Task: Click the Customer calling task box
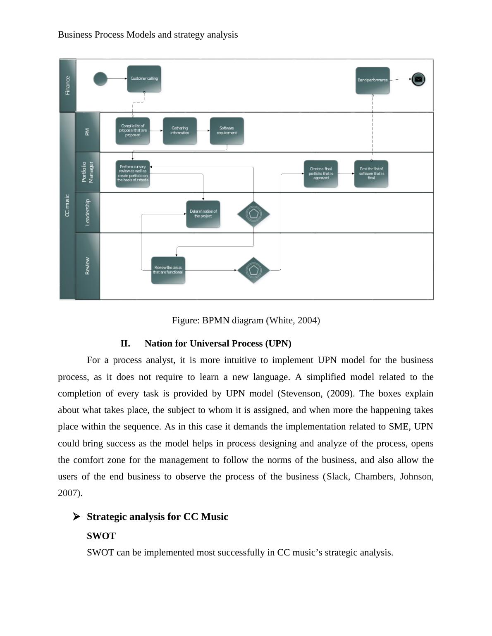coord(144,79)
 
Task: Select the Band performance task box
coord(373,81)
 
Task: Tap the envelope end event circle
coord(418,79)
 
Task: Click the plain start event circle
coord(100,78)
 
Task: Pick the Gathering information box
coord(180,131)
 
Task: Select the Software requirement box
coord(227,131)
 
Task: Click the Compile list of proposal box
coord(132,131)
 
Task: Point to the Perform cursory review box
coord(132,174)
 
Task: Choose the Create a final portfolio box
coord(321,174)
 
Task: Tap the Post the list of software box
coord(371,174)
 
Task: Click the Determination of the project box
coord(203,214)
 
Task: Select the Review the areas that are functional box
coord(168,270)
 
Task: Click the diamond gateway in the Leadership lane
coord(253,214)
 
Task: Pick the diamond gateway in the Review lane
coord(253,270)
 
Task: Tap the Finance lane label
coord(68,85)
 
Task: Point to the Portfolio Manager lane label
coord(87,172)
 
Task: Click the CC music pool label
coord(67,205)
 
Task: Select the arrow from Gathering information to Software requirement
coord(203,131)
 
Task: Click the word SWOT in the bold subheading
coord(101,536)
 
